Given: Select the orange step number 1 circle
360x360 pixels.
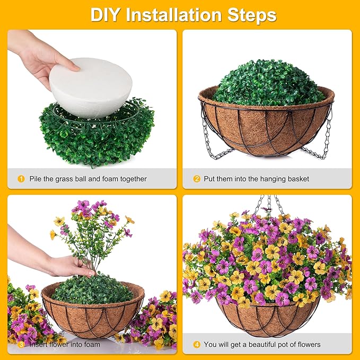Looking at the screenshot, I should point(21,179).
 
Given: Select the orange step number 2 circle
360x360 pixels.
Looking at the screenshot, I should point(197,179).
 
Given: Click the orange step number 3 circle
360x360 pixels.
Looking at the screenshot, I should point(21,344).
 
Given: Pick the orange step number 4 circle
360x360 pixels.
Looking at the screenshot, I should point(197,344).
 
